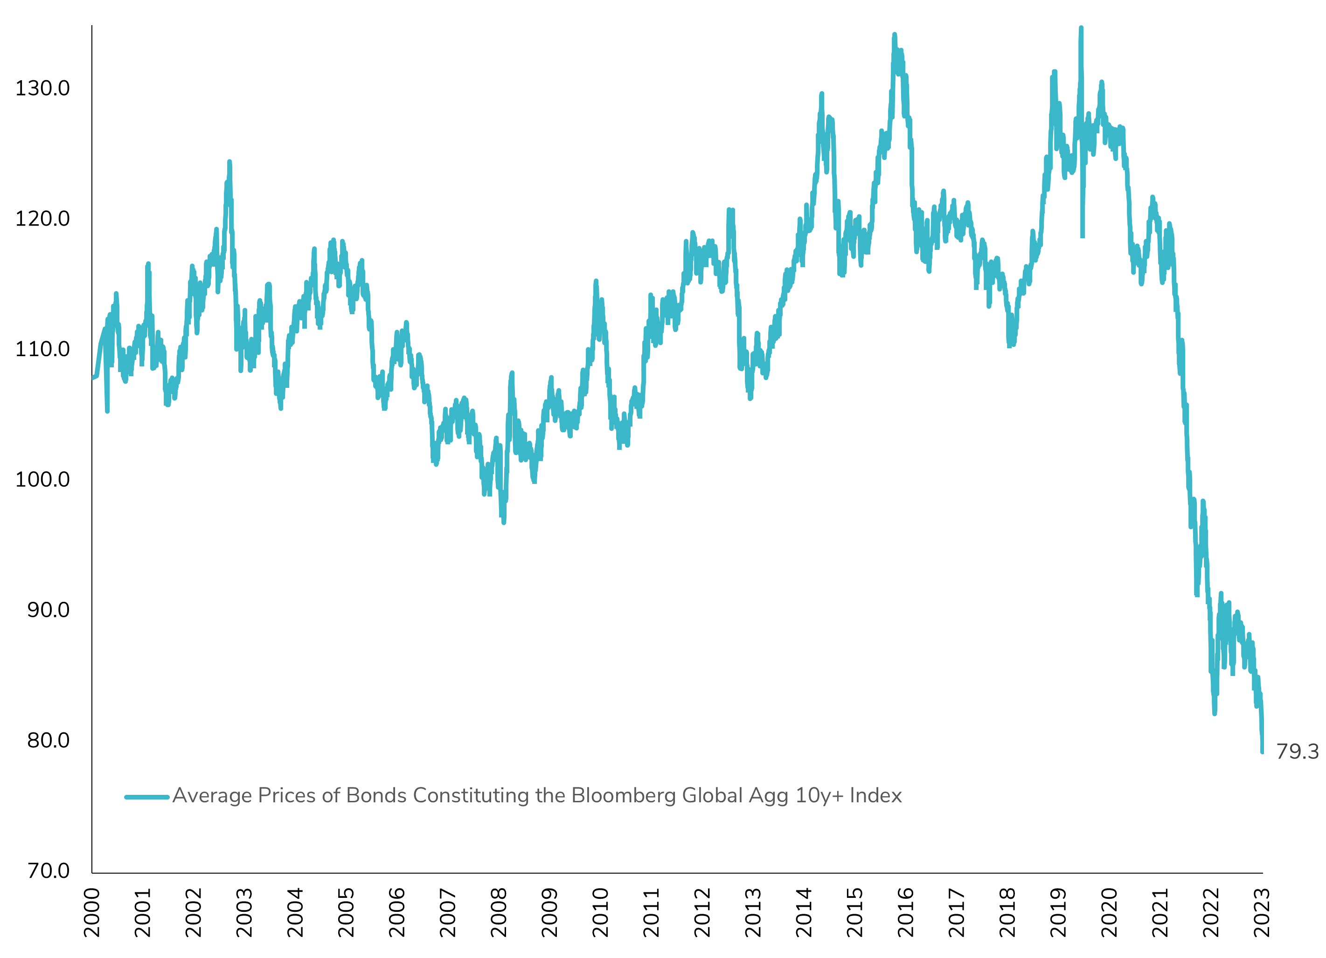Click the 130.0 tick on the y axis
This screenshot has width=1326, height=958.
tap(42, 89)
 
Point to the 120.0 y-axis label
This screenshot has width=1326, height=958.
tap(42, 219)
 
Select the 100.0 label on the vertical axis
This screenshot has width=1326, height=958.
tap(42, 480)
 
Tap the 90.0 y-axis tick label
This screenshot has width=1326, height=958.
tap(48, 610)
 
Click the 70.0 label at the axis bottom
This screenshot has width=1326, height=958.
tap(48, 871)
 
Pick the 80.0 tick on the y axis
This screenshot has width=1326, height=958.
tap(48, 741)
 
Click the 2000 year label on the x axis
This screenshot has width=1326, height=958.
tap(92, 912)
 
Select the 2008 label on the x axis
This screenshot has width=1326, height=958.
tap(499, 912)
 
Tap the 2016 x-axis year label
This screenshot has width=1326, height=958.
tap(906, 912)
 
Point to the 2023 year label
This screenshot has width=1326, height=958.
tap(1262, 912)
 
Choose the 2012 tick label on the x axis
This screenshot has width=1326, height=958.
tap(702, 912)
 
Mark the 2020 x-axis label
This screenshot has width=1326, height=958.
tap(1109, 912)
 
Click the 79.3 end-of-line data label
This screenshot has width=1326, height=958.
tap(1297, 751)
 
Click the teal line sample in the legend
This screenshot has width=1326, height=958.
tap(147, 797)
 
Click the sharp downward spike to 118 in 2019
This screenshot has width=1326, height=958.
tap(1082, 235)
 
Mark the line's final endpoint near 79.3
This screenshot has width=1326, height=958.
tap(1262, 751)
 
